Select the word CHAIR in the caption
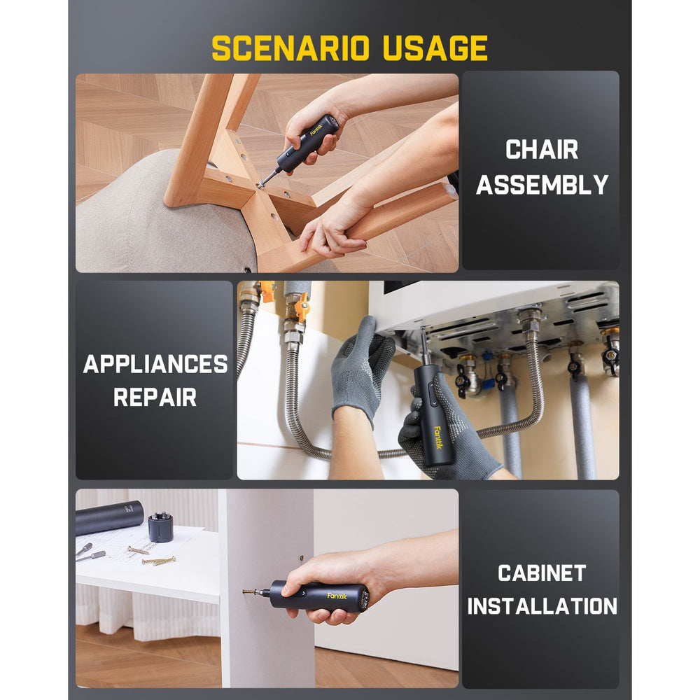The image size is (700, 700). point(542,149)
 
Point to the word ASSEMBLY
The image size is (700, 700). point(542,185)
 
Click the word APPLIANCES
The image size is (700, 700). point(155,364)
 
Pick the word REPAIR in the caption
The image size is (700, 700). point(155,398)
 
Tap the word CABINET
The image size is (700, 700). point(542,573)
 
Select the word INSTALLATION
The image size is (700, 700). point(542,606)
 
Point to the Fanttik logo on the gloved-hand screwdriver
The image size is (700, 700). point(438,435)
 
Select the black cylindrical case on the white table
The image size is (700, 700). point(109,517)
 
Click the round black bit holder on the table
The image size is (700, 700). point(160,526)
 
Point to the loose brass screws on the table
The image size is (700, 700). point(158,560)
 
